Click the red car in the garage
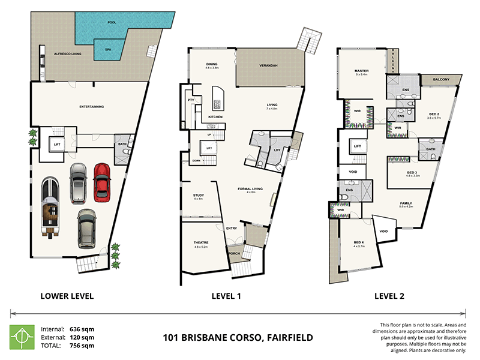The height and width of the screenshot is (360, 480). pos(103,182)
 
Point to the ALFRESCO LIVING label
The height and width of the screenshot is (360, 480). pos(67,54)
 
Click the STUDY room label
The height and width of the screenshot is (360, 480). pos(199,195)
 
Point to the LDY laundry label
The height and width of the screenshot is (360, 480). pos(277,149)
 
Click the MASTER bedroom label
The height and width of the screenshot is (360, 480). pos(361,71)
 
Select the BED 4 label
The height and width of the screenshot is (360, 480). pos(359,243)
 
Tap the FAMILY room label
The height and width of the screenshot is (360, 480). pos(406,203)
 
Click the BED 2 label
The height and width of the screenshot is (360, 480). pos(433,114)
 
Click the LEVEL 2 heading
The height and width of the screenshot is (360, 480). pos(391,295)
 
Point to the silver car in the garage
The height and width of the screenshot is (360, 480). pos(78,183)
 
